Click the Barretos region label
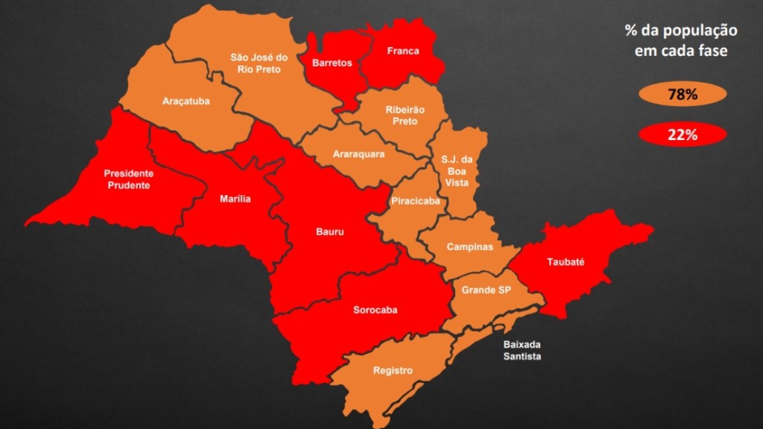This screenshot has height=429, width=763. (332, 63)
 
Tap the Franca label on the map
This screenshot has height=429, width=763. (403, 51)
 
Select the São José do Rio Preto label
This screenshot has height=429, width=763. (259, 63)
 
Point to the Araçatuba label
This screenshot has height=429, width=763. (186, 101)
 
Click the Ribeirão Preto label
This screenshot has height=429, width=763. (405, 115)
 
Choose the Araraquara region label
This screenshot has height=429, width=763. (359, 154)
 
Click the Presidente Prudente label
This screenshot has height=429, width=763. (129, 179)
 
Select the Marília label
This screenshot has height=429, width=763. (235, 199)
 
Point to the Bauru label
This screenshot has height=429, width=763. (330, 232)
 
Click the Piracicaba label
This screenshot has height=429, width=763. (415, 201)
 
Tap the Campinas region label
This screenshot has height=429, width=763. (469, 247)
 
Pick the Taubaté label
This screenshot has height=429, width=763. (566, 262)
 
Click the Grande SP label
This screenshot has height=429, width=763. (486, 290)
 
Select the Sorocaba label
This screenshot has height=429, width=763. (375, 310)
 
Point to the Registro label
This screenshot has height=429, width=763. (393, 370)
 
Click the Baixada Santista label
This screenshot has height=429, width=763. (522, 351)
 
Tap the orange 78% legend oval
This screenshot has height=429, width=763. (682, 95)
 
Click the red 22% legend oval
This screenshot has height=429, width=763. (682, 135)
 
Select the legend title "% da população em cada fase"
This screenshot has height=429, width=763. (681, 41)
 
